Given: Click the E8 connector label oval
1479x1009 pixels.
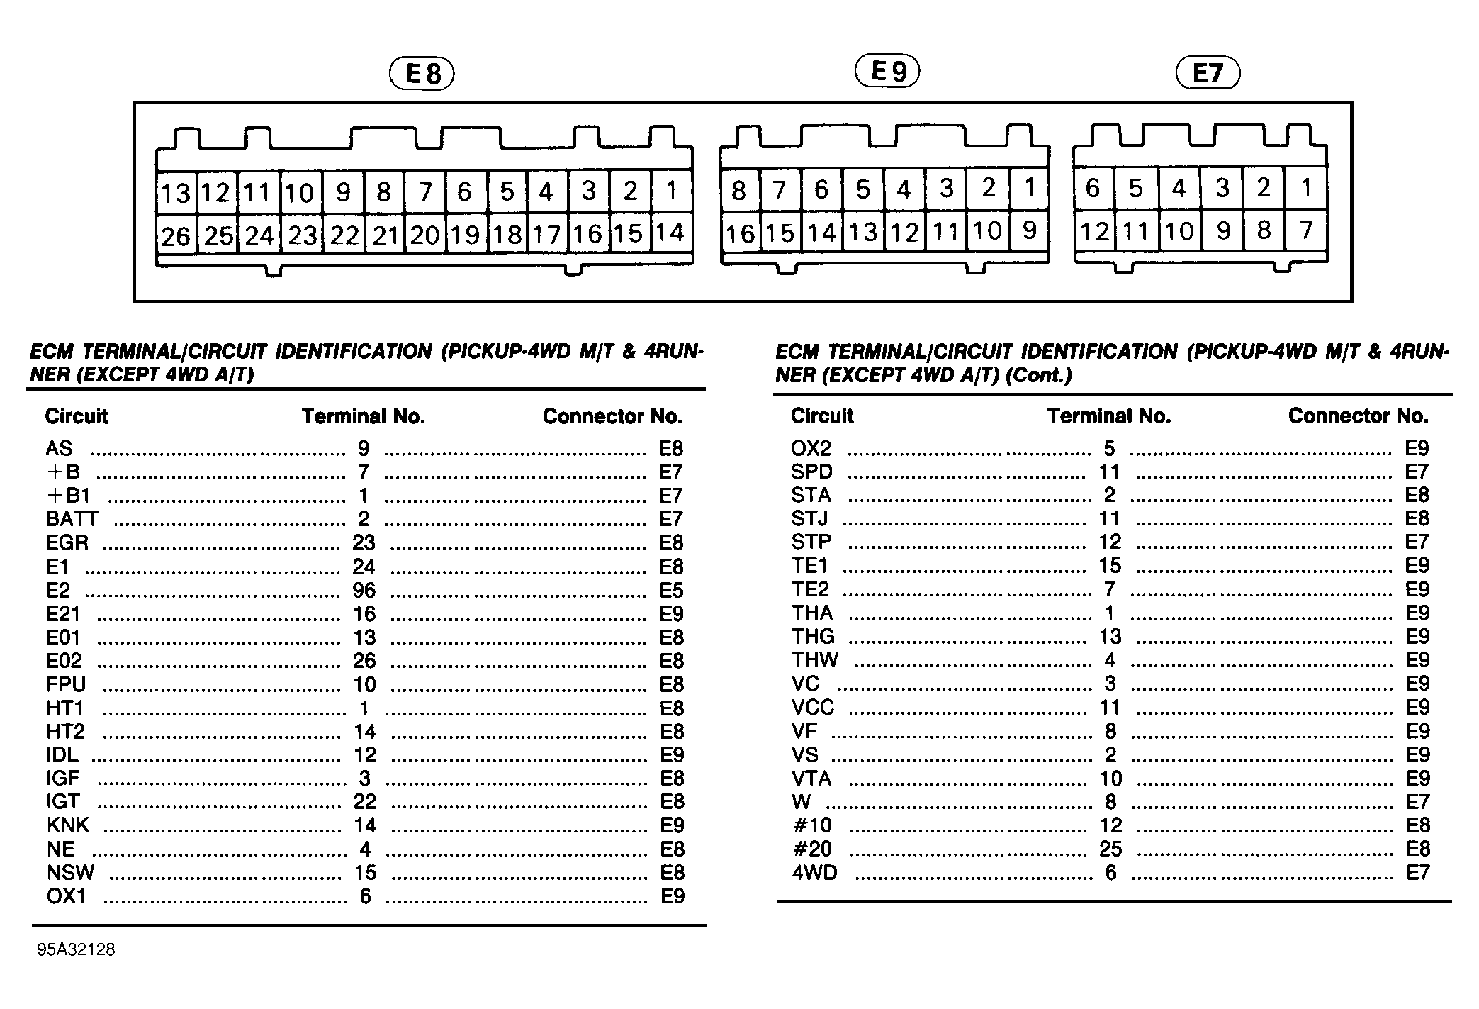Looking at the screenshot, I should [x=422, y=74].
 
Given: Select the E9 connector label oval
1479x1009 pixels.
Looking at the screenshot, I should [x=887, y=72].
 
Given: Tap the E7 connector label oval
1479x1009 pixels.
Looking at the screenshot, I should [x=1208, y=74].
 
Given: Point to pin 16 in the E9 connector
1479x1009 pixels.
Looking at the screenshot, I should [x=741, y=233].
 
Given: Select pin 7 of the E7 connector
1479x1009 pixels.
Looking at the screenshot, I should [x=1306, y=230].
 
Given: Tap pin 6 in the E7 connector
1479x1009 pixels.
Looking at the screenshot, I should [x=1093, y=189].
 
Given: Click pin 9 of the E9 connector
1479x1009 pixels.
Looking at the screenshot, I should [x=1030, y=230].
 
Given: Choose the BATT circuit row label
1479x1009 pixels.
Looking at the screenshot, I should [x=72, y=520].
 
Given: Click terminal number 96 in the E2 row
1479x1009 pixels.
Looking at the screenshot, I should [x=364, y=591].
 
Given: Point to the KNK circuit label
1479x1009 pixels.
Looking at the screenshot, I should [x=68, y=825].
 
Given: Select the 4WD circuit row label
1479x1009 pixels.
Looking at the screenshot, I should [x=814, y=873].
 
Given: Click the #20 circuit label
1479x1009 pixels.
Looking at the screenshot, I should [x=812, y=849].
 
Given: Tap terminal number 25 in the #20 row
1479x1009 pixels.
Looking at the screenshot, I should [x=1110, y=849].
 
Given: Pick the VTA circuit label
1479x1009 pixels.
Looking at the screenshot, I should [x=811, y=779].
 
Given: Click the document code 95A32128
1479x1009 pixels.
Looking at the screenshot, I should [x=76, y=949].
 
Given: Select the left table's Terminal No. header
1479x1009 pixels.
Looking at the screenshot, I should [x=364, y=416].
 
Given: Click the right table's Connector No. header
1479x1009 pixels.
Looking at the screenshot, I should [x=1358, y=416].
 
